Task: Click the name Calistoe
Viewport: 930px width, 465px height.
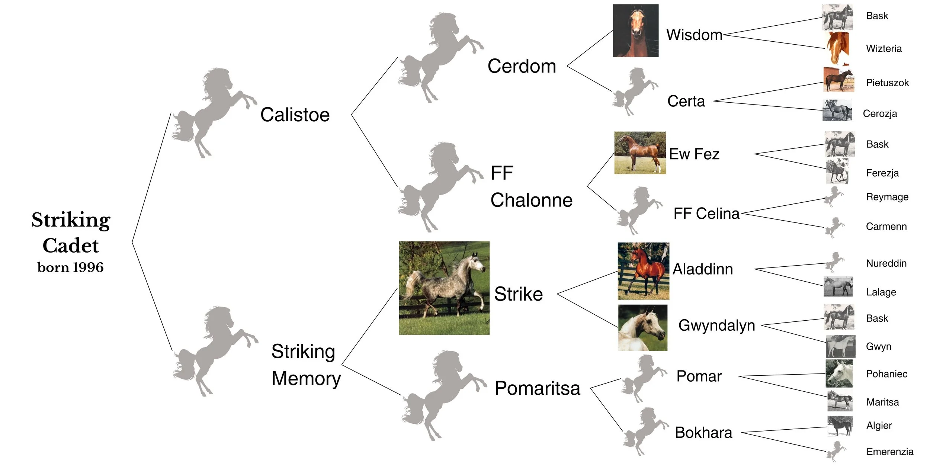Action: click(x=295, y=115)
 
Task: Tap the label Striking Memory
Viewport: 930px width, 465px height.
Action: click(x=306, y=365)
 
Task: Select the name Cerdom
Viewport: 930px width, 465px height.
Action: click(x=522, y=66)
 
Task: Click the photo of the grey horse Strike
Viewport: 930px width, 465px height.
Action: click(x=444, y=288)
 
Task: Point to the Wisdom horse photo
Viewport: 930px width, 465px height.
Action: click(x=635, y=31)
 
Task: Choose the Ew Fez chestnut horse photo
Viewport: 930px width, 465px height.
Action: click(x=640, y=153)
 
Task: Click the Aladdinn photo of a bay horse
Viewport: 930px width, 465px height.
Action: click(x=643, y=271)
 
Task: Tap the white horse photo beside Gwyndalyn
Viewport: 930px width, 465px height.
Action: click(x=642, y=328)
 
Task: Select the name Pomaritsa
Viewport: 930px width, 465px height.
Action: click(x=537, y=388)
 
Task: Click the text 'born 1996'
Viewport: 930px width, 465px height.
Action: click(x=70, y=267)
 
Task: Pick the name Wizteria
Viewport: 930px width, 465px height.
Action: click(x=883, y=49)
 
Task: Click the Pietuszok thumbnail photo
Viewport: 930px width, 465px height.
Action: click(x=838, y=80)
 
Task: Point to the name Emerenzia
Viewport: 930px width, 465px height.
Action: click(x=889, y=452)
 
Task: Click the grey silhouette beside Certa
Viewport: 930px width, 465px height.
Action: click(x=634, y=92)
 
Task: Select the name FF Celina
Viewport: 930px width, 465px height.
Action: click(x=706, y=214)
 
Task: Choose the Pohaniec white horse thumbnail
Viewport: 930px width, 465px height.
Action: click(x=839, y=373)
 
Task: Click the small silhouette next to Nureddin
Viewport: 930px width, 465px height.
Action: click(x=834, y=262)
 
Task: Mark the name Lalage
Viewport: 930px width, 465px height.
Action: click(x=881, y=292)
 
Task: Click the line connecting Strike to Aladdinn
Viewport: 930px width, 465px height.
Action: click(x=588, y=283)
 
